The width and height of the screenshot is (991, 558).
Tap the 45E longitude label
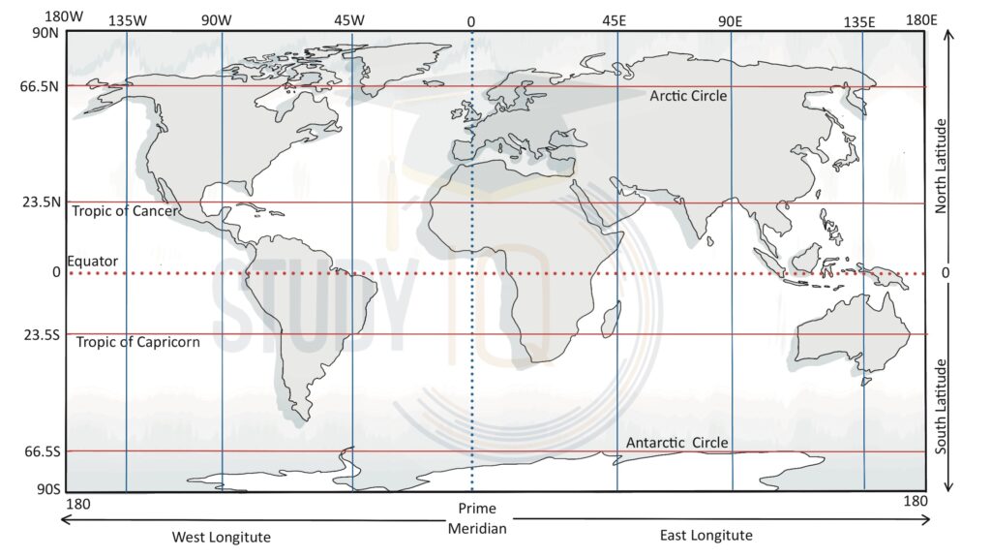[615, 20]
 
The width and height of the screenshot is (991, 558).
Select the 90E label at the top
[730, 20]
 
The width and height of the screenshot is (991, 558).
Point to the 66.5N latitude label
[40, 86]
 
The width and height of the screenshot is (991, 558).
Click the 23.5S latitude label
[40, 334]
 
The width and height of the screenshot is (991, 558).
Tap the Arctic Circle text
[688, 96]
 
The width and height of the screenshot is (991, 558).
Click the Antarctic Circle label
[676, 443]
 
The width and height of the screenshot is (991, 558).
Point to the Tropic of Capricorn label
[137, 342]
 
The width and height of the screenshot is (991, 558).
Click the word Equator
[92, 262]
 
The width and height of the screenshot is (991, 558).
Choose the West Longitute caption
[222, 537]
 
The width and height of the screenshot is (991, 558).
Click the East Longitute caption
[706, 535]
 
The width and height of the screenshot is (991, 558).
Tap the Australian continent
[852, 334]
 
